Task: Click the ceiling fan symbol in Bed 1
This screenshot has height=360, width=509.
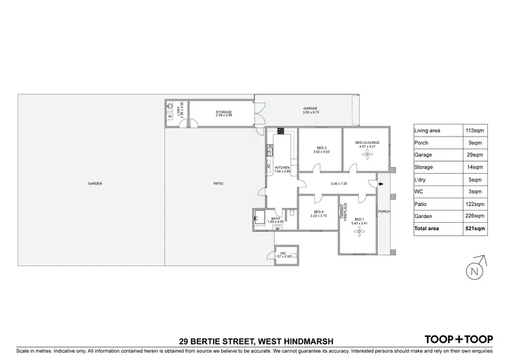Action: click(359, 231)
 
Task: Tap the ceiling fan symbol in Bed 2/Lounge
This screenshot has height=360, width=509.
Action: click(367, 154)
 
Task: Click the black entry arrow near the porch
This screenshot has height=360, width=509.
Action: click(381, 184)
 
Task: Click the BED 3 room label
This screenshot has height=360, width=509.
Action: click(321, 148)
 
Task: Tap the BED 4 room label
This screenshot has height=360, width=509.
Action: click(318, 212)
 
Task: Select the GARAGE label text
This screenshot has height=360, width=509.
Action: click(311, 109)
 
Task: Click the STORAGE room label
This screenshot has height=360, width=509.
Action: click(224, 112)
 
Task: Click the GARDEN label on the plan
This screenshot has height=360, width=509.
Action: click(94, 184)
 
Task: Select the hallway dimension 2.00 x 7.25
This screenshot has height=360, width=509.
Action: click(339, 184)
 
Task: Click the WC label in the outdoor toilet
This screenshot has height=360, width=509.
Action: click(284, 253)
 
